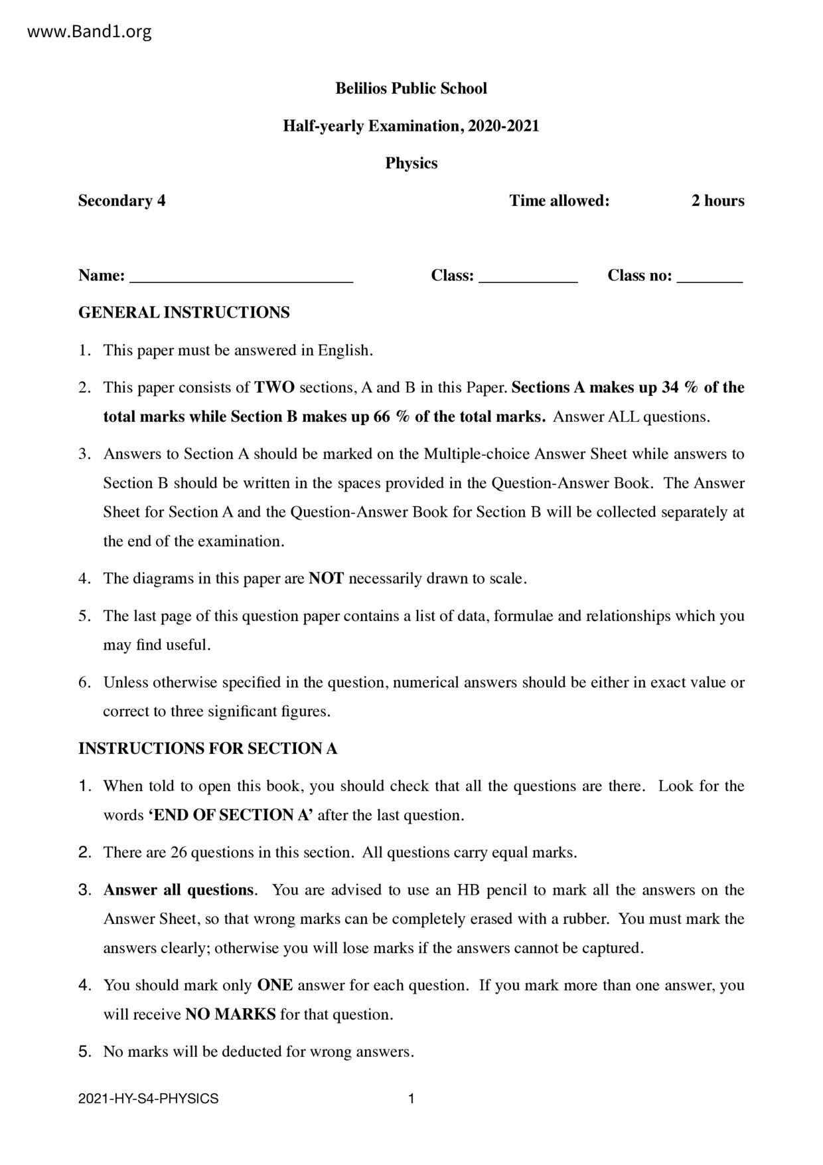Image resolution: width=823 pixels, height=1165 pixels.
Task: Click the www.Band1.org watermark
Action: click(x=90, y=31)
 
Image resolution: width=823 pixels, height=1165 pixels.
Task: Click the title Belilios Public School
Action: click(x=411, y=88)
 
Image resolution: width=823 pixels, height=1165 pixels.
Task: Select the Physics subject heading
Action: click(x=411, y=163)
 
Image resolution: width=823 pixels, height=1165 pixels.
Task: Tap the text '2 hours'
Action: click(x=717, y=201)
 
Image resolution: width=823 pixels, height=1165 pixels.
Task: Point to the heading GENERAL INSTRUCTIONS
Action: click(x=184, y=312)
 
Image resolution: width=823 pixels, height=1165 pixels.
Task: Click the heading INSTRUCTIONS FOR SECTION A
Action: click(x=208, y=749)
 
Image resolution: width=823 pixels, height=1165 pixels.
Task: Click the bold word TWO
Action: click(x=274, y=387)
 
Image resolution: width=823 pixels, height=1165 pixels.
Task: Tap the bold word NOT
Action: click(x=326, y=579)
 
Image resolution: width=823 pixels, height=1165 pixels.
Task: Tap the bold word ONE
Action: click(x=275, y=985)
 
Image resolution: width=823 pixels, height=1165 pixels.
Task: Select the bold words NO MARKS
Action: click(x=230, y=1014)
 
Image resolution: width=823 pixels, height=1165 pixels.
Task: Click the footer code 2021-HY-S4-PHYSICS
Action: click(x=148, y=1099)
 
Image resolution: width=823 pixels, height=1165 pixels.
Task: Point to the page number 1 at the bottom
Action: click(x=411, y=1099)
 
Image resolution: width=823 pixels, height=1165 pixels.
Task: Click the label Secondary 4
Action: click(x=122, y=201)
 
